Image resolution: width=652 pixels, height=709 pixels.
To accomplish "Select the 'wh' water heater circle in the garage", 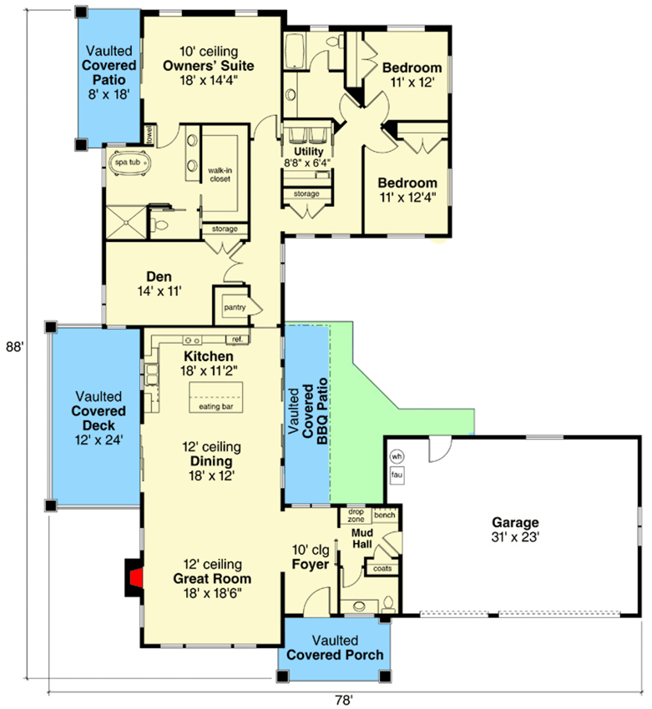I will (397, 456).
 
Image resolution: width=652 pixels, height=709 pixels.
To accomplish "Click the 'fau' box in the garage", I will (397, 475).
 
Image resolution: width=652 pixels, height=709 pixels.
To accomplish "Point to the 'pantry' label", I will (234, 307).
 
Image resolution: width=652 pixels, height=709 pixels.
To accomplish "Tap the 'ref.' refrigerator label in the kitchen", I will (237, 339).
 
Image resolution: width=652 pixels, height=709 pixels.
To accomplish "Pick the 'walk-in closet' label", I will (220, 173).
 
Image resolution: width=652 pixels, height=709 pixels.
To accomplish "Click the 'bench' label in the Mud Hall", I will (384, 515).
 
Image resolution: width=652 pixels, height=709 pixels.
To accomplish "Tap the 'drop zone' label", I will (356, 515).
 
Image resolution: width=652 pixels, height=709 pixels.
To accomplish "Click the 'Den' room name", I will (159, 277).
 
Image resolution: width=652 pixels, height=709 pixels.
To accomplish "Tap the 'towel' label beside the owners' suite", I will (150, 133).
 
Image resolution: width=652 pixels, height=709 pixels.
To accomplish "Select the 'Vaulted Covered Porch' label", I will (336, 647).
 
